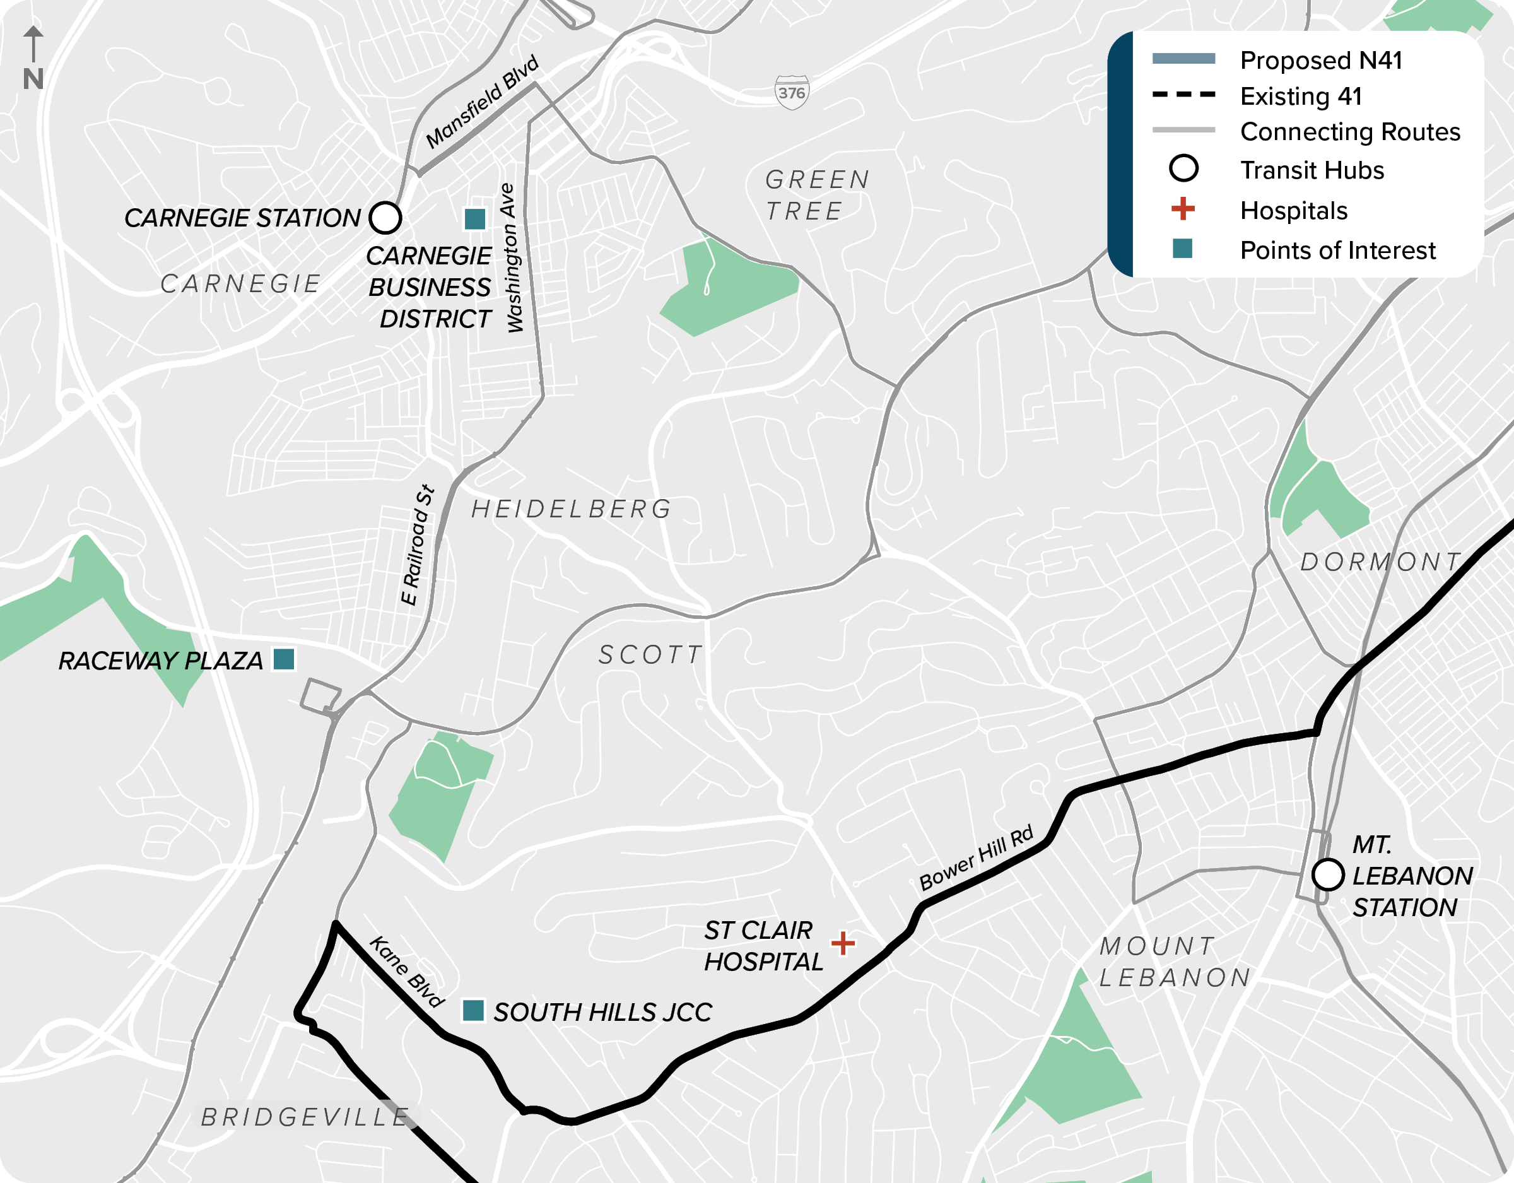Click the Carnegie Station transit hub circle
coord(385,218)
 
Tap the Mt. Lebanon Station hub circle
coord(1327,874)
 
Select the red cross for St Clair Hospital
coord(843,943)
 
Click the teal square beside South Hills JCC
coord(472,1010)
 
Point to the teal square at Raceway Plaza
coord(283,659)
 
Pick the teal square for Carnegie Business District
coord(475,219)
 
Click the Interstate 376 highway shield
coord(792,92)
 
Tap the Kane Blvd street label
coord(406,971)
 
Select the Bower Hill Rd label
coord(975,858)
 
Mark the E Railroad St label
coord(418,545)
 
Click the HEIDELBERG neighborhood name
coord(571,509)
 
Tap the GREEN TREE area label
coord(817,195)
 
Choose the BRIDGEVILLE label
coord(305,1117)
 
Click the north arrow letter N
coord(33,79)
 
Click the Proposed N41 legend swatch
coord(1183,59)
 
